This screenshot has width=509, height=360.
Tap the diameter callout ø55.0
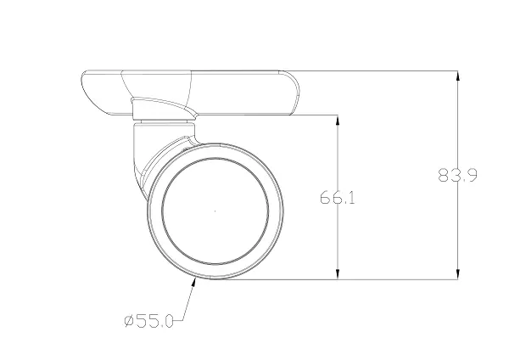(x=148, y=321)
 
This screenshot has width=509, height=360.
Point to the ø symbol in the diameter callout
(x=128, y=321)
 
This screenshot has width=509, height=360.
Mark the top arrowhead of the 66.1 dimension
(x=339, y=119)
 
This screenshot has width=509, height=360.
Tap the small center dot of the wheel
(x=215, y=211)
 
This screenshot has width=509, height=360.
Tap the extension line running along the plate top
(x=382, y=71)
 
